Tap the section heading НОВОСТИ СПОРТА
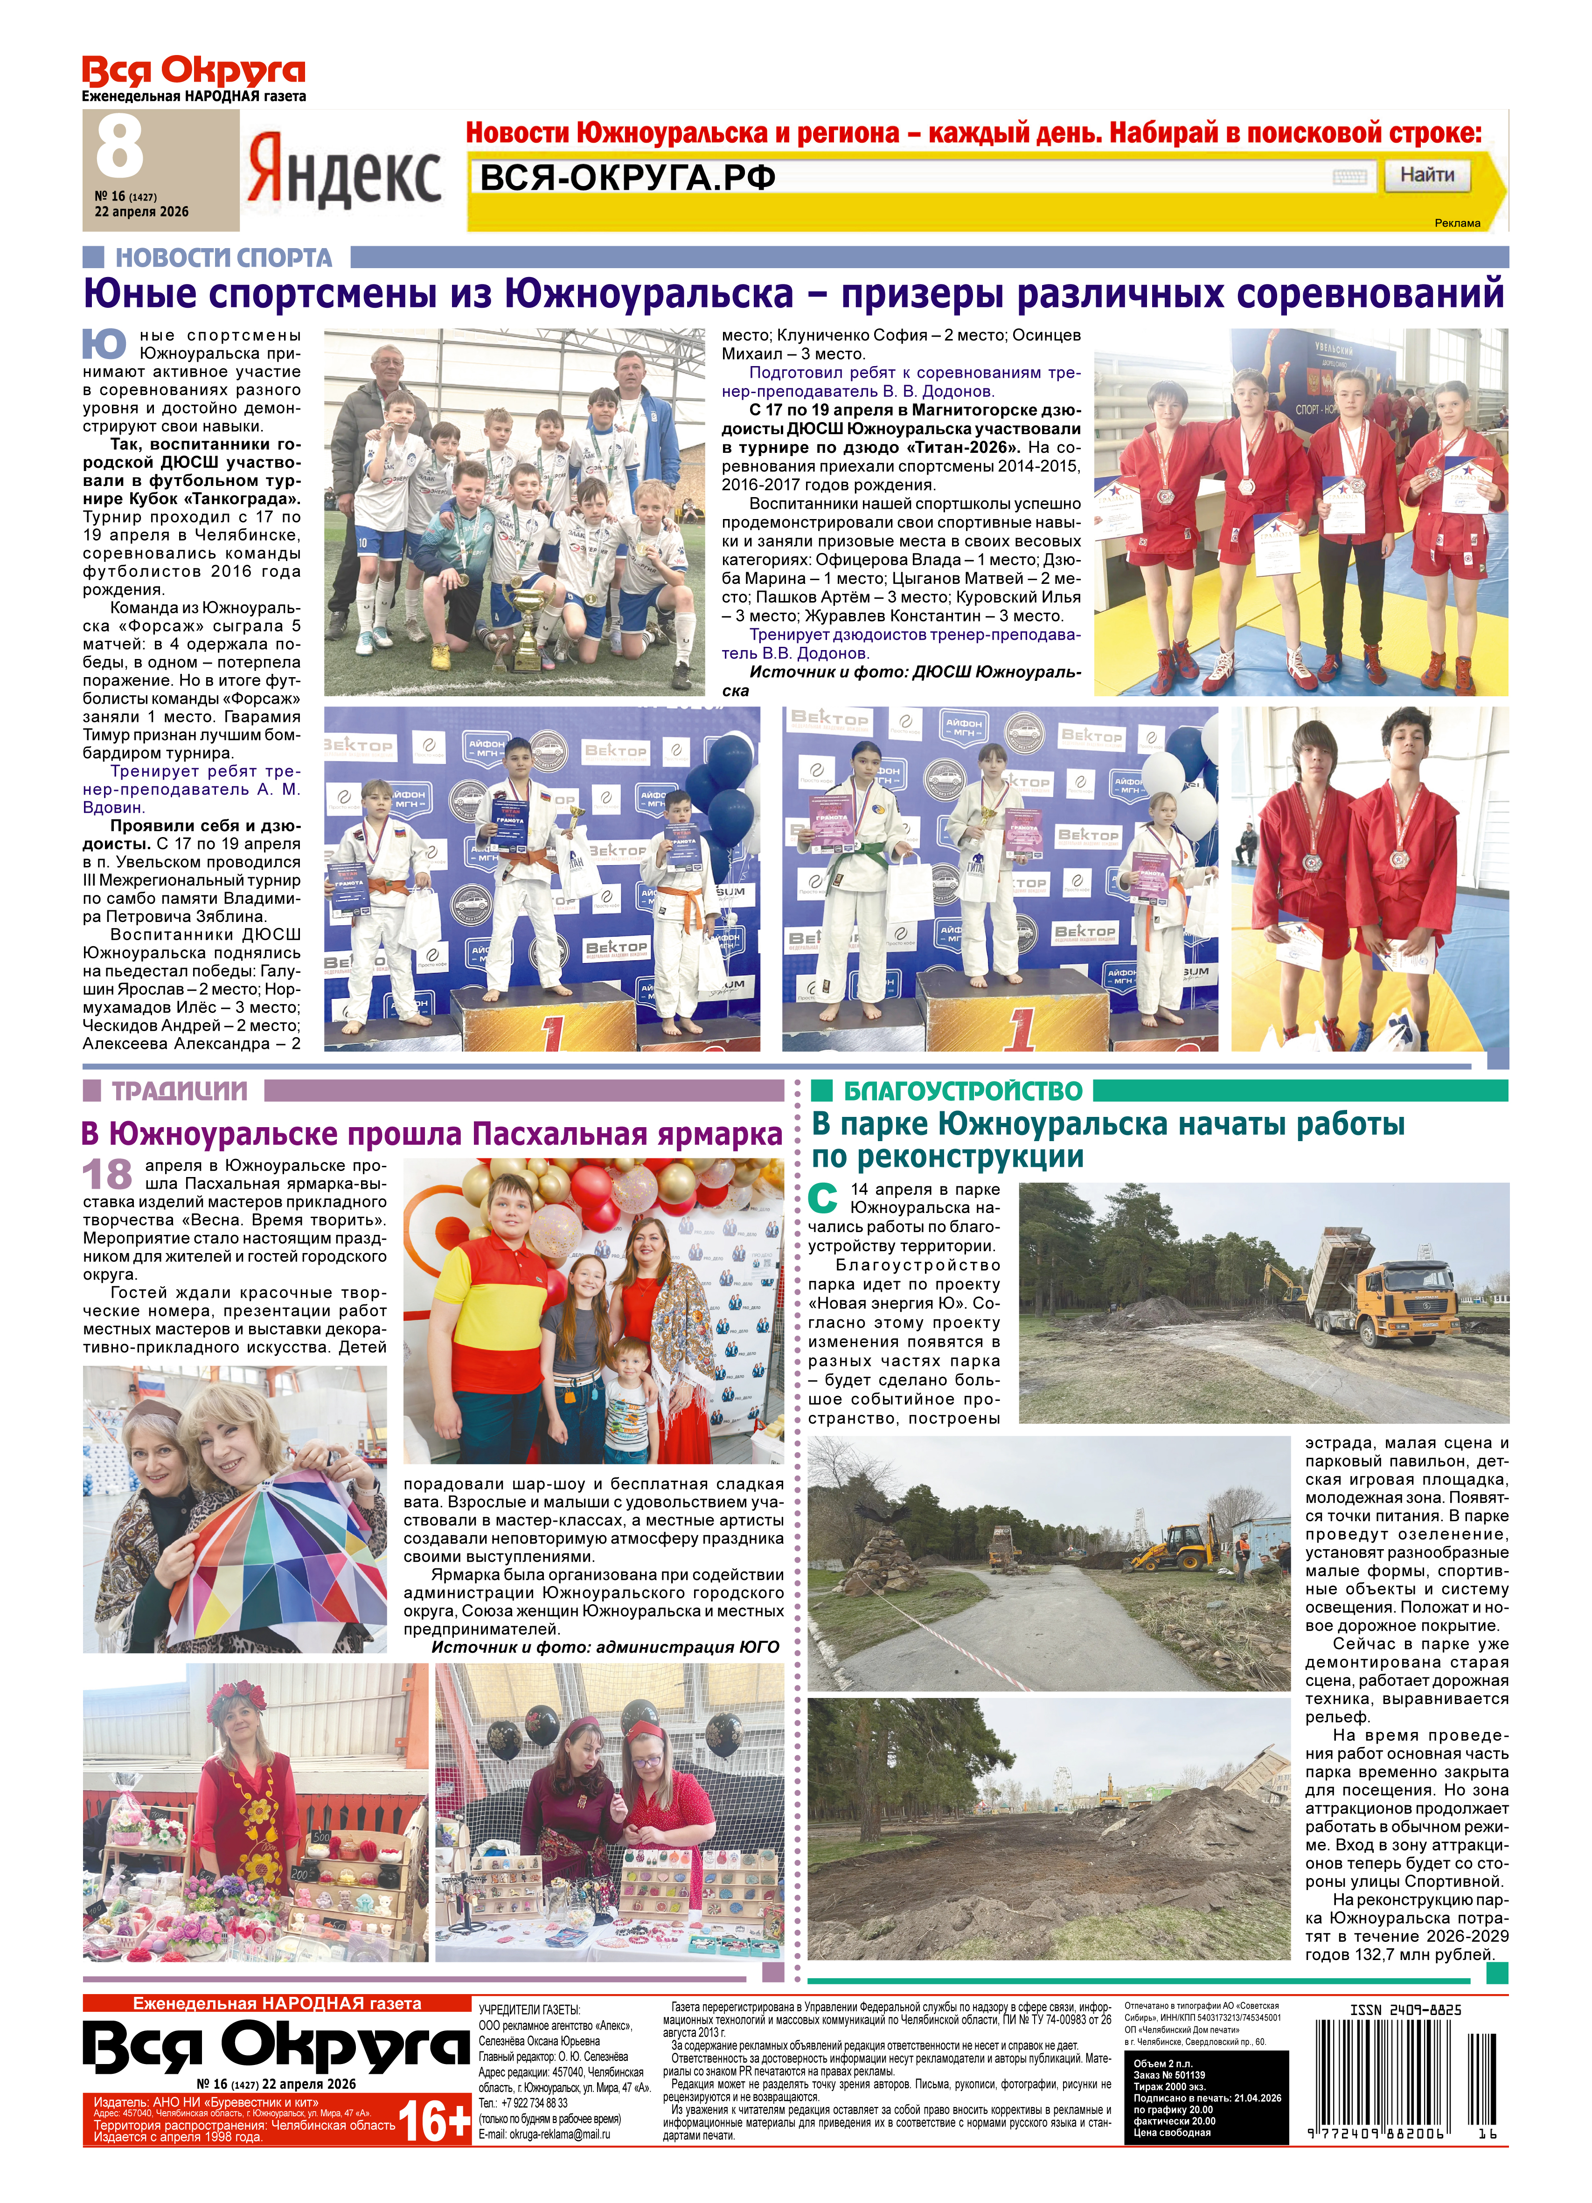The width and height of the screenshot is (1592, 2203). (223, 257)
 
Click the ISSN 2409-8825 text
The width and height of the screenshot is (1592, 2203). (1404, 2010)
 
